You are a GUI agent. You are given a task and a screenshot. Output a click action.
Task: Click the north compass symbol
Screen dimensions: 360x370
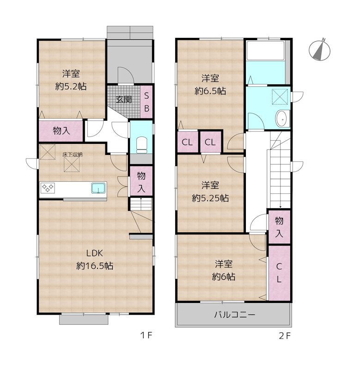pyautogui.click(x=319, y=49)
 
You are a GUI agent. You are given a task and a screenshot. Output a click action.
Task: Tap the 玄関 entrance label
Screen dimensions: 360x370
pyautogui.click(x=123, y=99)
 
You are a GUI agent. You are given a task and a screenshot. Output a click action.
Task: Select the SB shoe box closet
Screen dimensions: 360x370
pyautogui.click(x=146, y=102)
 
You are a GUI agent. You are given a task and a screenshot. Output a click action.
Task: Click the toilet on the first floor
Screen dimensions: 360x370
pyautogui.click(x=142, y=144)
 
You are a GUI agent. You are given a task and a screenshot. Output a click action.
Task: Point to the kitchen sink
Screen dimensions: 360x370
pyautogui.click(x=98, y=188)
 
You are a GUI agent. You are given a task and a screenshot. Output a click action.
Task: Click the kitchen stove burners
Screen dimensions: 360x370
pyautogui.click(x=48, y=188)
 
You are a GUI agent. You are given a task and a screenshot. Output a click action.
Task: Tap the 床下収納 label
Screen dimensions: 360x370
pyautogui.click(x=73, y=155)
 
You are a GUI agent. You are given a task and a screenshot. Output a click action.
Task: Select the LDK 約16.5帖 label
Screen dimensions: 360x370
pyautogui.click(x=95, y=259)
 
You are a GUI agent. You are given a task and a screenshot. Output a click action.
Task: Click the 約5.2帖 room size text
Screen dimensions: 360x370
pyautogui.click(x=71, y=86)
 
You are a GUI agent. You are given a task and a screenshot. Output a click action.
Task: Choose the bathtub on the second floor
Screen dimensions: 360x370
pyautogui.click(x=265, y=50)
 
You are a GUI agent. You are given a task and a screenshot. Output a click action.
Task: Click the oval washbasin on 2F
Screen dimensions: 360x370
pyautogui.click(x=282, y=119)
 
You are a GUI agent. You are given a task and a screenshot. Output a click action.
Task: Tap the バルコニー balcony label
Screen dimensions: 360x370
pyautogui.click(x=235, y=314)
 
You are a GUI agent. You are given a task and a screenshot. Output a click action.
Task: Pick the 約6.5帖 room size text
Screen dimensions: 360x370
pyautogui.click(x=210, y=91)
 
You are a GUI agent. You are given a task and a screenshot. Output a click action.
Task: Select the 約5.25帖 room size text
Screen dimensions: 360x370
pyautogui.click(x=210, y=198)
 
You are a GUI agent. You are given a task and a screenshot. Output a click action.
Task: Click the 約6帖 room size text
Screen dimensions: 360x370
pyautogui.click(x=224, y=276)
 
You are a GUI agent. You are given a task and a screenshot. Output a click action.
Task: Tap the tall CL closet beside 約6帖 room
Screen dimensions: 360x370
pyautogui.click(x=279, y=273)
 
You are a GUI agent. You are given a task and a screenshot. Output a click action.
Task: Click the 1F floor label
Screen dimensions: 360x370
pyautogui.click(x=146, y=335)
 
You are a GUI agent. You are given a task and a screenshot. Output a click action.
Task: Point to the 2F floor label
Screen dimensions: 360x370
pyautogui.click(x=285, y=336)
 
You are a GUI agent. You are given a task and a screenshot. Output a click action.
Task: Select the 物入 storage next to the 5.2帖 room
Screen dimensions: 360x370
pyautogui.click(x=61, y=131)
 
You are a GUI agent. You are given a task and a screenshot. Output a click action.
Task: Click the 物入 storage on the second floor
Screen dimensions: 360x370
pyautogui.click(x=279, y=227)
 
